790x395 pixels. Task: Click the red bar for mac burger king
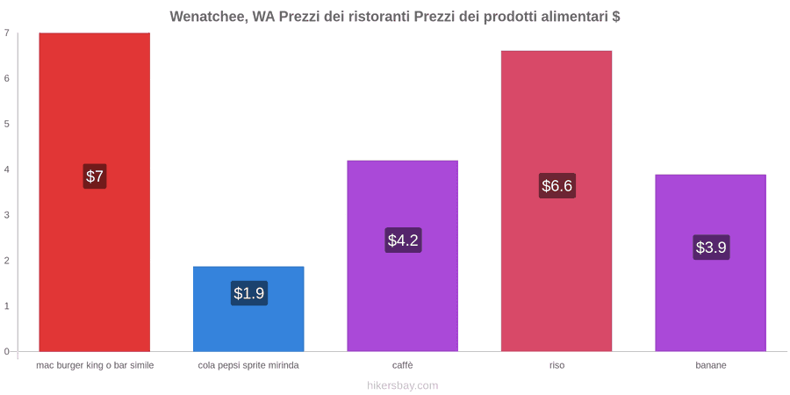click(94, 192)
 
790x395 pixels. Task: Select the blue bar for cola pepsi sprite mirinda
click(248, 309)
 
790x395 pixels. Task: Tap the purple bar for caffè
click(403, 256)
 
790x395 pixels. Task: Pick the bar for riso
click(557, 201)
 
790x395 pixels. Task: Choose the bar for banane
click(710, 263)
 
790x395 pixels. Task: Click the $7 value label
click(94, 176)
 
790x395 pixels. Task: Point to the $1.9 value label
click(249, 292)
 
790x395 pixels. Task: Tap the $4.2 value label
click(403, 241)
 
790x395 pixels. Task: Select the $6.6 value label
click(557, 185)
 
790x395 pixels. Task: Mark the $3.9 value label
click(711, 248)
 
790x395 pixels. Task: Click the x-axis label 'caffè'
click(403, 365)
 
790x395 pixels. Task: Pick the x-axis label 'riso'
click(557, 365)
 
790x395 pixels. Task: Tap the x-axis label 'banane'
click(711, 365)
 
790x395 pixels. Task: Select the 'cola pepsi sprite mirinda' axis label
click(248, 365)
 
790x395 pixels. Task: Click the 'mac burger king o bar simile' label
click(95, 365)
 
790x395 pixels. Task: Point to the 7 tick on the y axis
click(7, 32)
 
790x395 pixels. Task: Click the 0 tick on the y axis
click(7, 351)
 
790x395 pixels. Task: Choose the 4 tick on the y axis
click(7, 169)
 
